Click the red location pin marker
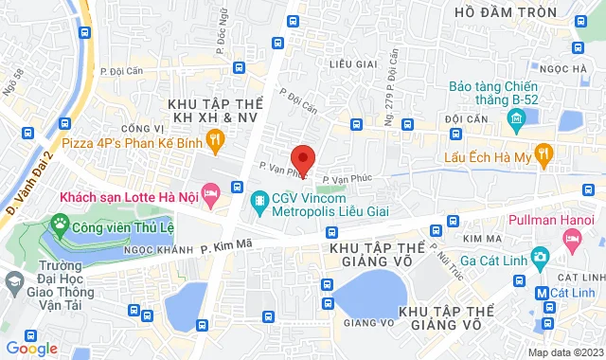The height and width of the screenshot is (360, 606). click(303, 158)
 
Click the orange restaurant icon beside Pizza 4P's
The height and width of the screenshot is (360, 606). click(216, 143)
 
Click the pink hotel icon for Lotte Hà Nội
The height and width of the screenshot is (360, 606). click(210, 196)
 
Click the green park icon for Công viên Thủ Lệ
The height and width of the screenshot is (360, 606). click(62, 226)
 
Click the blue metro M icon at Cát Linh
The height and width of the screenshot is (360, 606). click(541, 293)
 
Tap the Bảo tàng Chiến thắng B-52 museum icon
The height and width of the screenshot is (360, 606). click(517, 119)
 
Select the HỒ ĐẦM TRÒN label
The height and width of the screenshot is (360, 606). click(490, 12)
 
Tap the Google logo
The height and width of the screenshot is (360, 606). click(31, 348)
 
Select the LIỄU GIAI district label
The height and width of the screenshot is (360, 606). click(346, 64)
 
